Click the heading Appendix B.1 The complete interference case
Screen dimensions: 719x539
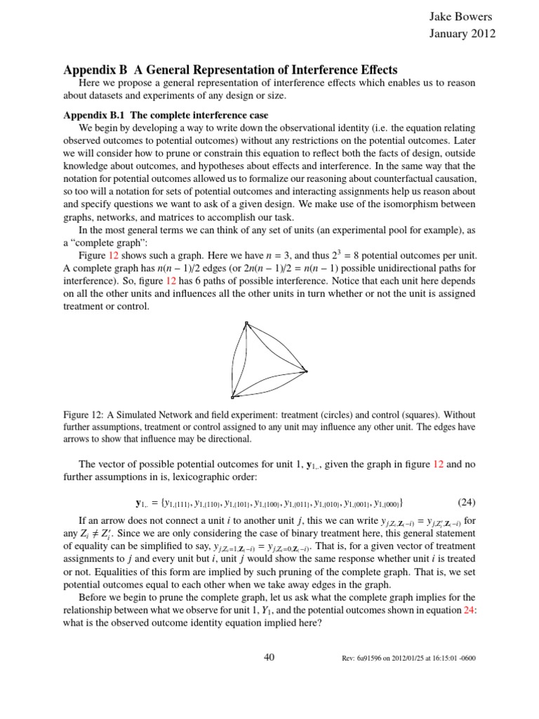pyautogui.click(x=166, y=114)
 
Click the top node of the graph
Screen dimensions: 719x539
pyautogui.click(x=246, y=324)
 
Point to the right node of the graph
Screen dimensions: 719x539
pyautogui.click(x=305, y=371)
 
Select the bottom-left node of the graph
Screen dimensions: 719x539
pyautogui.click(x=232, y=397)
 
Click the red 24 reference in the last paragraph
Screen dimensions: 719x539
pyautogui.click(x=469, y=611)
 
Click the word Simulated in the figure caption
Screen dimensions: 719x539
pyautogui.click(x=135, y=414)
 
